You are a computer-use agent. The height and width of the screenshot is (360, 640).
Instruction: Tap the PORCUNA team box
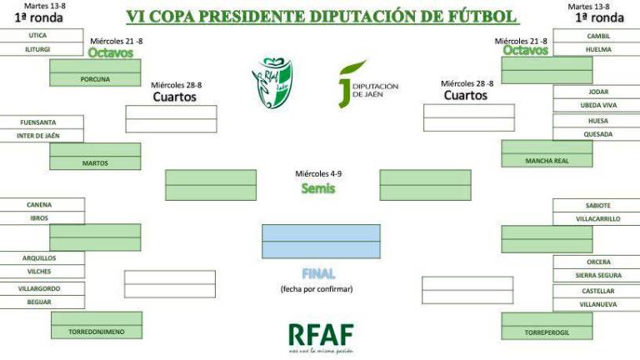95,80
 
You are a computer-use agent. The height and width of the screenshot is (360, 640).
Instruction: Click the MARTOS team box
95,163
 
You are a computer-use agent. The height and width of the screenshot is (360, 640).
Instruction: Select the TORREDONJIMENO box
96,332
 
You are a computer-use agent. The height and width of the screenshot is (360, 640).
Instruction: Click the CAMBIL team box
597,36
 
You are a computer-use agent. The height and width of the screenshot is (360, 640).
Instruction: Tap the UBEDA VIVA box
597,105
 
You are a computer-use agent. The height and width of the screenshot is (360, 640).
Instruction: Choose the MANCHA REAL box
547,161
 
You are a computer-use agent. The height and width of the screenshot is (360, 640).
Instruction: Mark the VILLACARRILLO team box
597,218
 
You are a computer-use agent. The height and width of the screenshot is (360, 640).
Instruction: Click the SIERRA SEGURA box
597,275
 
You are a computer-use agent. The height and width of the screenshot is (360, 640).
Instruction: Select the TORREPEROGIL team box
547,332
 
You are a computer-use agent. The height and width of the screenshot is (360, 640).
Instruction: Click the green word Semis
317,188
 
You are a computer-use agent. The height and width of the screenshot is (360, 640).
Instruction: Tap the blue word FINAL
319,273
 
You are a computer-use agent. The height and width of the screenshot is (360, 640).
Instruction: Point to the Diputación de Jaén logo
367,84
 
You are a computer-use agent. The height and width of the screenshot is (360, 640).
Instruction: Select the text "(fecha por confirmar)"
317,289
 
